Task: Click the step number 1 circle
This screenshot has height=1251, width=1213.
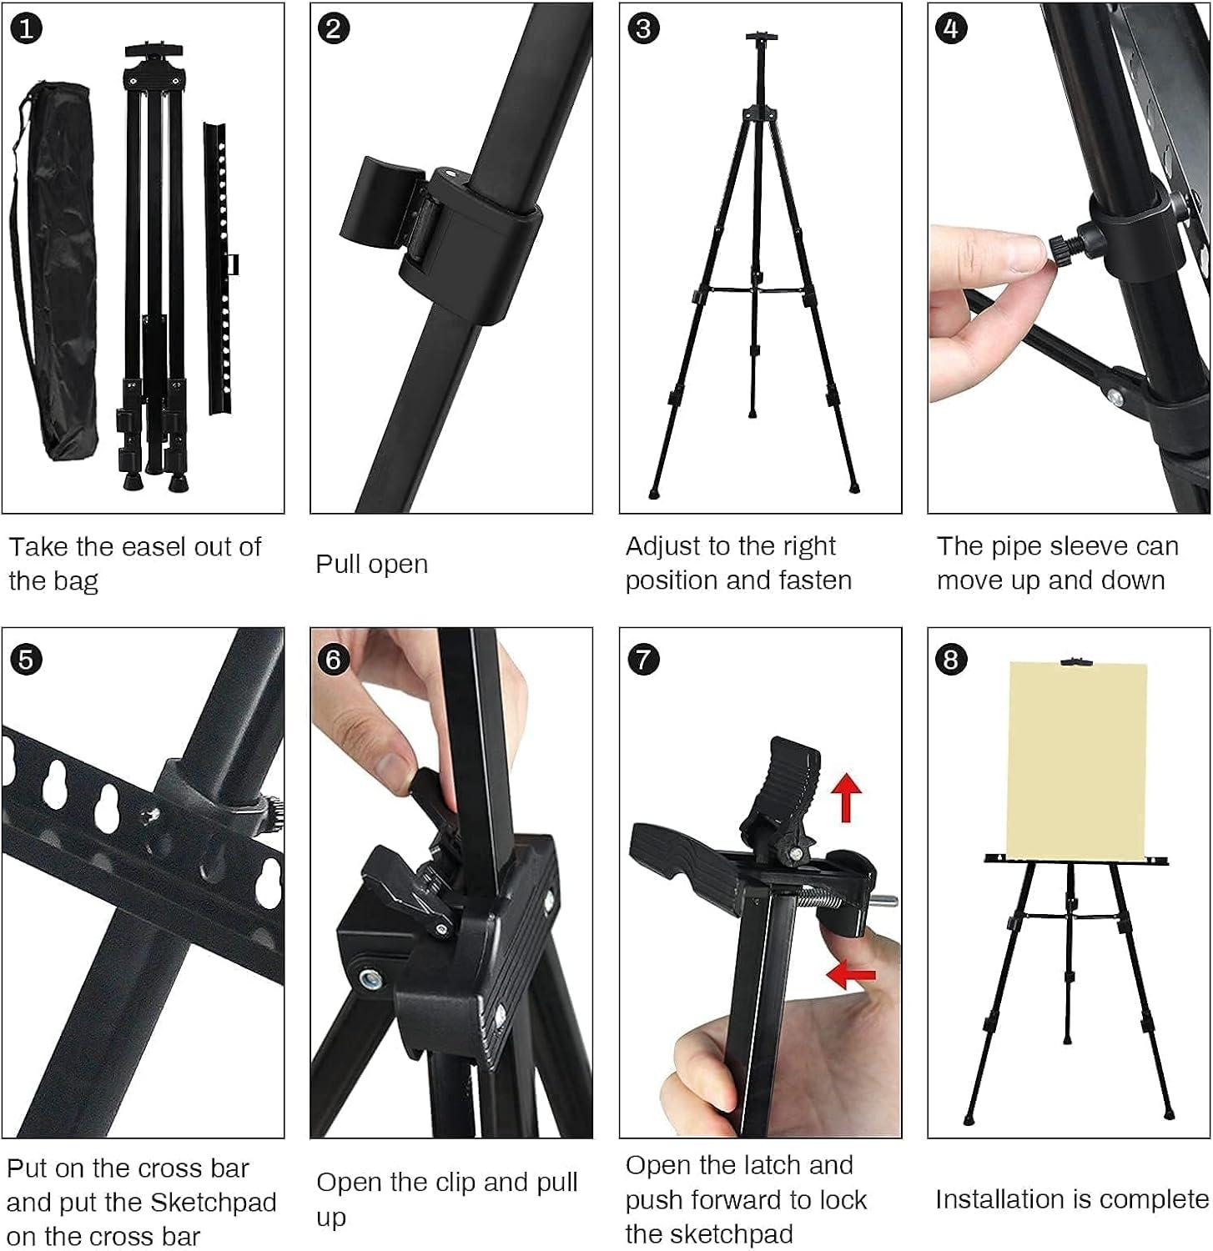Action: (x=26, y=28)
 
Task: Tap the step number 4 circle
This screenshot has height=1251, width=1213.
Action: (x=952, y=28)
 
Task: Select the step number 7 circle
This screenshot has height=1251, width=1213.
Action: (x=643, y=659)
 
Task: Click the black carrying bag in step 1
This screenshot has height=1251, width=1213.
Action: (x=57, y=275)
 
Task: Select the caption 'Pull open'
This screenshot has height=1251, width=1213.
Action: (x=371, y=565)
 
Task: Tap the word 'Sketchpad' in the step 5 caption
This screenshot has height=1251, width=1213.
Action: (x=213, y=1202)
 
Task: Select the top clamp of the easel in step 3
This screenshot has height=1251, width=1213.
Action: (x=761, y=38)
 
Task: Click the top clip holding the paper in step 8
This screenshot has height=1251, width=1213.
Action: (x=1076, y=662)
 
